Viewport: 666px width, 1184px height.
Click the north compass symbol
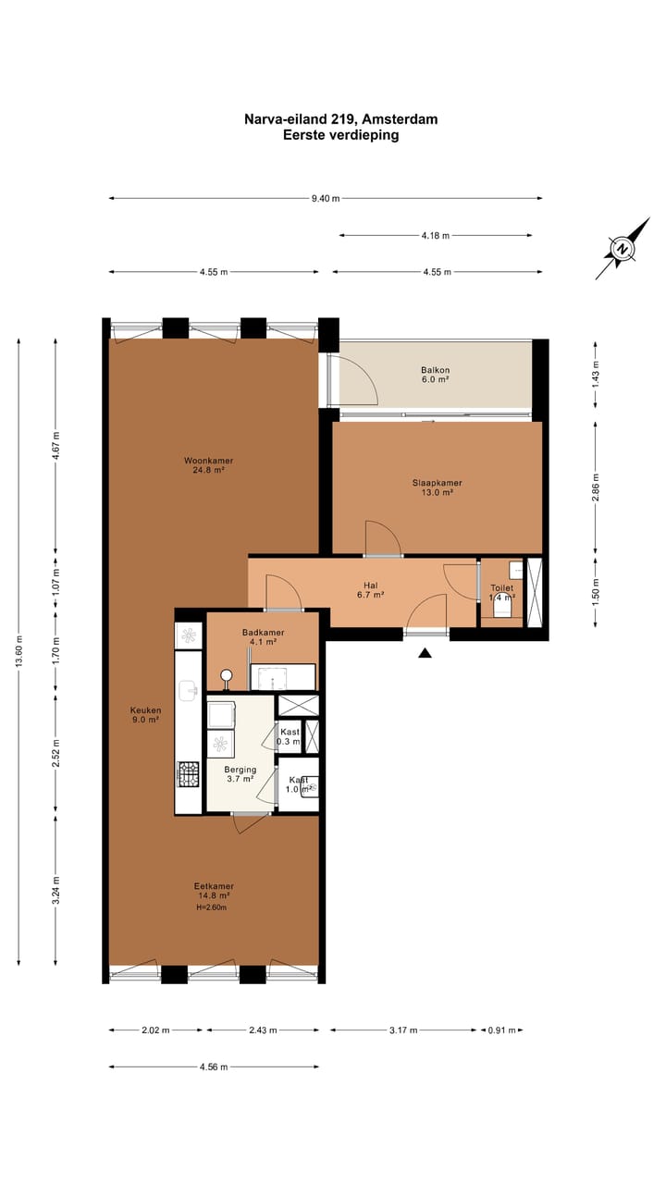(623, 249)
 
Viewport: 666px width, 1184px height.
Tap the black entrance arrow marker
(425, 653)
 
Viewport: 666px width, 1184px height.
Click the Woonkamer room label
(208, 461)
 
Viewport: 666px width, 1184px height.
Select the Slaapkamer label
(438, 483)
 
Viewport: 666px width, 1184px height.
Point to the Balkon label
(435, 370)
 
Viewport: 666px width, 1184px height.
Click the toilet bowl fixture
(502, 609)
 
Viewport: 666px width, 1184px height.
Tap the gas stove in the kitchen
(188, 774)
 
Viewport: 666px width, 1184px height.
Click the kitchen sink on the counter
(188, 690)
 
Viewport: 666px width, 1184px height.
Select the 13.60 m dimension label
(19, 651)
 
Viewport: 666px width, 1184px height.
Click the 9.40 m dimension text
(326, 198)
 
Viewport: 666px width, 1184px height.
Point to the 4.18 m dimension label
(435, 235)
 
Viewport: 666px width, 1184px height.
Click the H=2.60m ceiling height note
(212, 907)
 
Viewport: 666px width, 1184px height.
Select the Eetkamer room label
(214, 886)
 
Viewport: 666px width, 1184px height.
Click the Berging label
(240, 770)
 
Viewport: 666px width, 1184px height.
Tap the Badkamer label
(264, 632)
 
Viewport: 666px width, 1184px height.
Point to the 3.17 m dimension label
(403, 1030)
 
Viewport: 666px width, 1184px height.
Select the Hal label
(371, 586)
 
